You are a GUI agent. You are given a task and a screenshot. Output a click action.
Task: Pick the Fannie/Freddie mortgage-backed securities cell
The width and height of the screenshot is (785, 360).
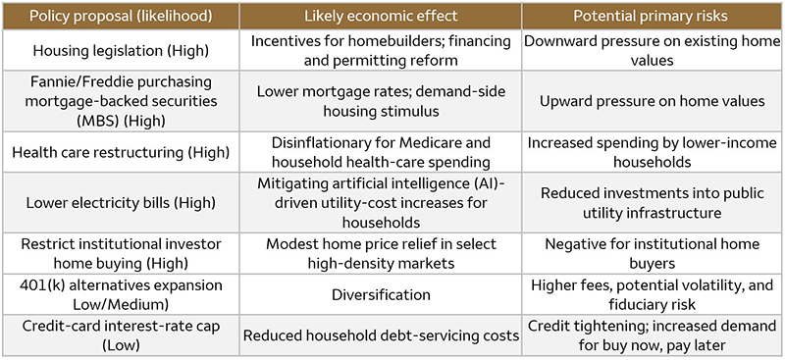coord(123,101)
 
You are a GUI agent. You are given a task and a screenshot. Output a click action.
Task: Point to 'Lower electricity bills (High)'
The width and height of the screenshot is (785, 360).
coord(123,201)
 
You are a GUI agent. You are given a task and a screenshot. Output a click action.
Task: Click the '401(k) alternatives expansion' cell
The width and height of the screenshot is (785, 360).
coord(123,293)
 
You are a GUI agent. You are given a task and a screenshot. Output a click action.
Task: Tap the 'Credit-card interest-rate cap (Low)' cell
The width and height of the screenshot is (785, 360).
coord(123,335)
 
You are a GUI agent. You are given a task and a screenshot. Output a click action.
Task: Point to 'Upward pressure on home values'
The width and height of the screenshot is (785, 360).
coord(653,101)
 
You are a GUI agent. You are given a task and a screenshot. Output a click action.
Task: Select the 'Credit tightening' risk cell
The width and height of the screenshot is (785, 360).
coord(653,335)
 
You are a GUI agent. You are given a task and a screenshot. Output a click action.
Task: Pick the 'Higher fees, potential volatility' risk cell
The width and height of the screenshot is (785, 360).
coord(653,293)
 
